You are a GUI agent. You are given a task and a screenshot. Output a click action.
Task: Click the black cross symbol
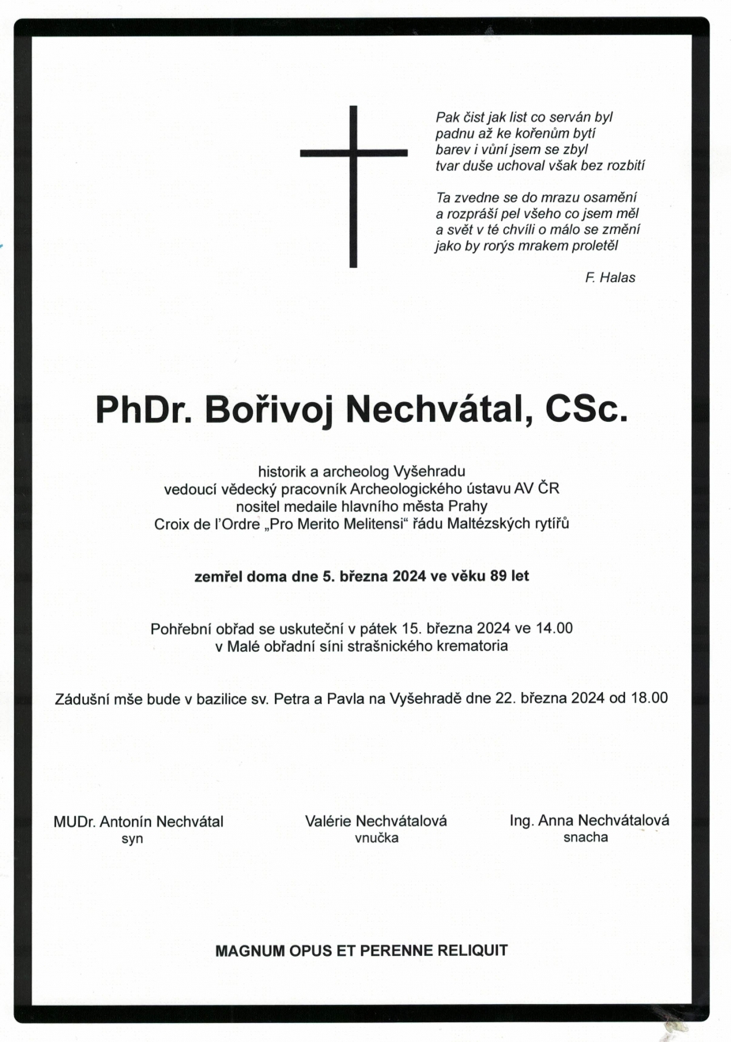[353, 186]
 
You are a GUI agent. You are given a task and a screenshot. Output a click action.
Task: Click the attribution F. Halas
[609, 277]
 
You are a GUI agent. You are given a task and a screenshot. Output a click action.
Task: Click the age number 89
[498, 576]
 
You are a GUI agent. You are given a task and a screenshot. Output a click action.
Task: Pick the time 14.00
[554, 629]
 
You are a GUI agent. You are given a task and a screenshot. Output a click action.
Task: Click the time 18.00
[649, 698]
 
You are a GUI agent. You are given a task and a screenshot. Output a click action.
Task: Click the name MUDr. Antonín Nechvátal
[138, 822]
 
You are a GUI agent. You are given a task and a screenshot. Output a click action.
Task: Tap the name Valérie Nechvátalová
[376, 821]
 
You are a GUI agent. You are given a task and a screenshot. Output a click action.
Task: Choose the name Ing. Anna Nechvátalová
[589, 820]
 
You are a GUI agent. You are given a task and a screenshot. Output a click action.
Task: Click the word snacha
[586, 837]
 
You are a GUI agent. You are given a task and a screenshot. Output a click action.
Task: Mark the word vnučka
[376, 838]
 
